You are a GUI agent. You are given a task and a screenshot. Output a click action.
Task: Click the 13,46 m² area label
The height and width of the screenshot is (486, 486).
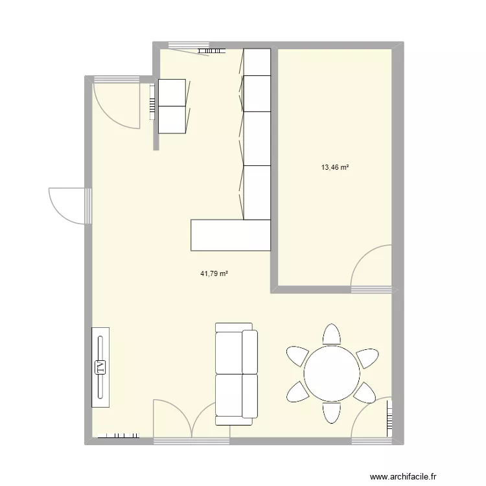[x=335, y=168]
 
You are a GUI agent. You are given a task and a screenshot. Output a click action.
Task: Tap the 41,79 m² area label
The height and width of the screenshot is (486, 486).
[x=214, y=273]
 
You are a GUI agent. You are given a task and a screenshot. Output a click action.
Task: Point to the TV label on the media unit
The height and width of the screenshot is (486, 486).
[x=100, y=367]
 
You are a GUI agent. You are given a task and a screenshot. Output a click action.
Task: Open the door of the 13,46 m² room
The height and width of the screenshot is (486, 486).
[x=371, y=267]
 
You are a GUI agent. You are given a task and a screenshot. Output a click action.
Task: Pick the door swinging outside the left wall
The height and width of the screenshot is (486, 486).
[x=67, y=205]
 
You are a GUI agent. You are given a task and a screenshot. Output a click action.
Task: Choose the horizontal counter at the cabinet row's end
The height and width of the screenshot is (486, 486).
[x=230, y=235]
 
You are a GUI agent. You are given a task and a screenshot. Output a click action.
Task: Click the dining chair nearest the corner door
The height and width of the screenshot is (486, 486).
[x=364, y=392]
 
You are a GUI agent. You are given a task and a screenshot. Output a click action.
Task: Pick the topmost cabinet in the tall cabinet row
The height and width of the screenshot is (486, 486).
[x=257, y=62]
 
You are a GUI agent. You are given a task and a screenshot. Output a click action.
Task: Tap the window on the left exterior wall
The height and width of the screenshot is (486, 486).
[x=87, y=205]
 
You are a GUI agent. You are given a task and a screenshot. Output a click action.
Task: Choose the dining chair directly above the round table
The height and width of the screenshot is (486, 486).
[x=331, y=334]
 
